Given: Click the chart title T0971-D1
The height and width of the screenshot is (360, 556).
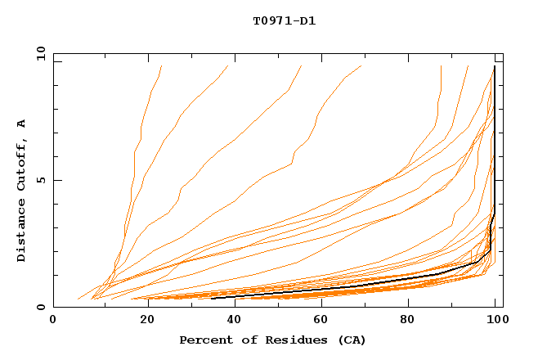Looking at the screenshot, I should pos(285,20).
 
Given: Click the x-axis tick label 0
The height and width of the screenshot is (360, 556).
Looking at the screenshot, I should pos(53,321).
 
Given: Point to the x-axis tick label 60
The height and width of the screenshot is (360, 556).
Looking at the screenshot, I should pos(325,321).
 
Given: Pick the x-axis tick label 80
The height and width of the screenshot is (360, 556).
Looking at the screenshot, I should pos(415,321).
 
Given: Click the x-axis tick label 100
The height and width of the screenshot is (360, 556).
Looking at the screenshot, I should pos(494,321).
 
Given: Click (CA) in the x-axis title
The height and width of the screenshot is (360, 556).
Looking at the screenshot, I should pos(352,340).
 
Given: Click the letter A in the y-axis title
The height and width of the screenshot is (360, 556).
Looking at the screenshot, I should pos(22,123).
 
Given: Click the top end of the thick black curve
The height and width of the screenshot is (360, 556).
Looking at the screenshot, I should pos(495,66).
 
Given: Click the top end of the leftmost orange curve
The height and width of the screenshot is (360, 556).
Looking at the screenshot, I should pos(162,65).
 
